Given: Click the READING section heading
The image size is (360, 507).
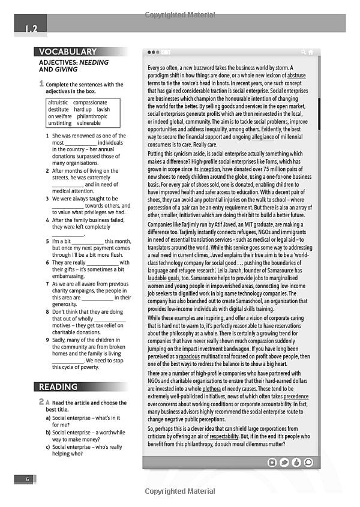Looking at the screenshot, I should (x=58, y=387).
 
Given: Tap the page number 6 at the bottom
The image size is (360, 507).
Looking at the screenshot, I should (x=27, y=479).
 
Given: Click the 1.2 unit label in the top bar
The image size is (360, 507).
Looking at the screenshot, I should (x=31, y=28).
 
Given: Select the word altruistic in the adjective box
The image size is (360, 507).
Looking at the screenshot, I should (x=58, y=103).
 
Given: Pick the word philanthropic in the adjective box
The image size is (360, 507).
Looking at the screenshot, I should (x=91, y=116).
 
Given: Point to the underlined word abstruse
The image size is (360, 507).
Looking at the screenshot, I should (x=296, y=76).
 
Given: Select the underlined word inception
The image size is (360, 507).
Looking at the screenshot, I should (x=209, y=170).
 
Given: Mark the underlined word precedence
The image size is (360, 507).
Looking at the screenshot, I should (x=296, y=397).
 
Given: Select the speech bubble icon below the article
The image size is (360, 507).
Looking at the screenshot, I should (x=308, y=463).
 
